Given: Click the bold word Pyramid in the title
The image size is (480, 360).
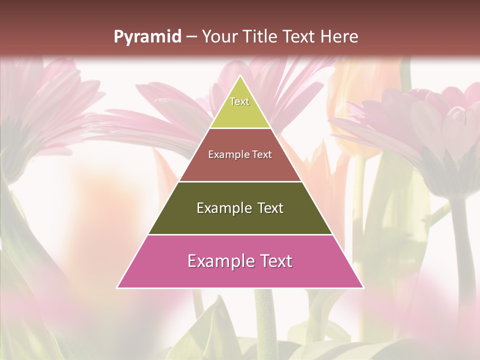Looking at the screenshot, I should [x=147, y=37].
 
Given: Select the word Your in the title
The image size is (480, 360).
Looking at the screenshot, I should [x=219, y=37].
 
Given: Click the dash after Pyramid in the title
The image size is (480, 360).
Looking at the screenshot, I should [x=191, y=37].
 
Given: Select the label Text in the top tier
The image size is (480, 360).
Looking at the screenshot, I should [x=239, y=101].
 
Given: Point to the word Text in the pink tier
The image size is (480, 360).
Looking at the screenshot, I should [x=274, y=261].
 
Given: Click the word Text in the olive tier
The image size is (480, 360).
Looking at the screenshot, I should [x=270, y=208].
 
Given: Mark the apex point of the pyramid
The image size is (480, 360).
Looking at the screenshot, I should [x=240, y=75].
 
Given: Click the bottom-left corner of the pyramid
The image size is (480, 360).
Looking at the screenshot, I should [x=117, y=288].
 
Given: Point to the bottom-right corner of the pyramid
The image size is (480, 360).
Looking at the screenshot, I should [x=363, y=288].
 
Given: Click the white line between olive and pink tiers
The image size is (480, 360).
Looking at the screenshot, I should [x=240, y=234].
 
